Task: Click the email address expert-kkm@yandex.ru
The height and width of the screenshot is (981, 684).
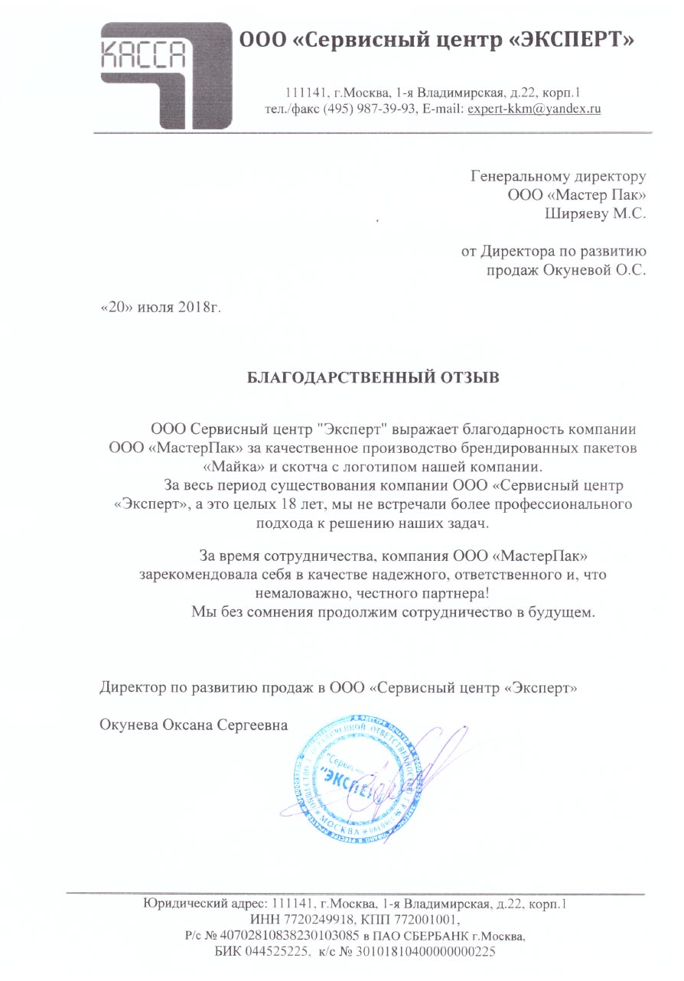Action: pos(534,108)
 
